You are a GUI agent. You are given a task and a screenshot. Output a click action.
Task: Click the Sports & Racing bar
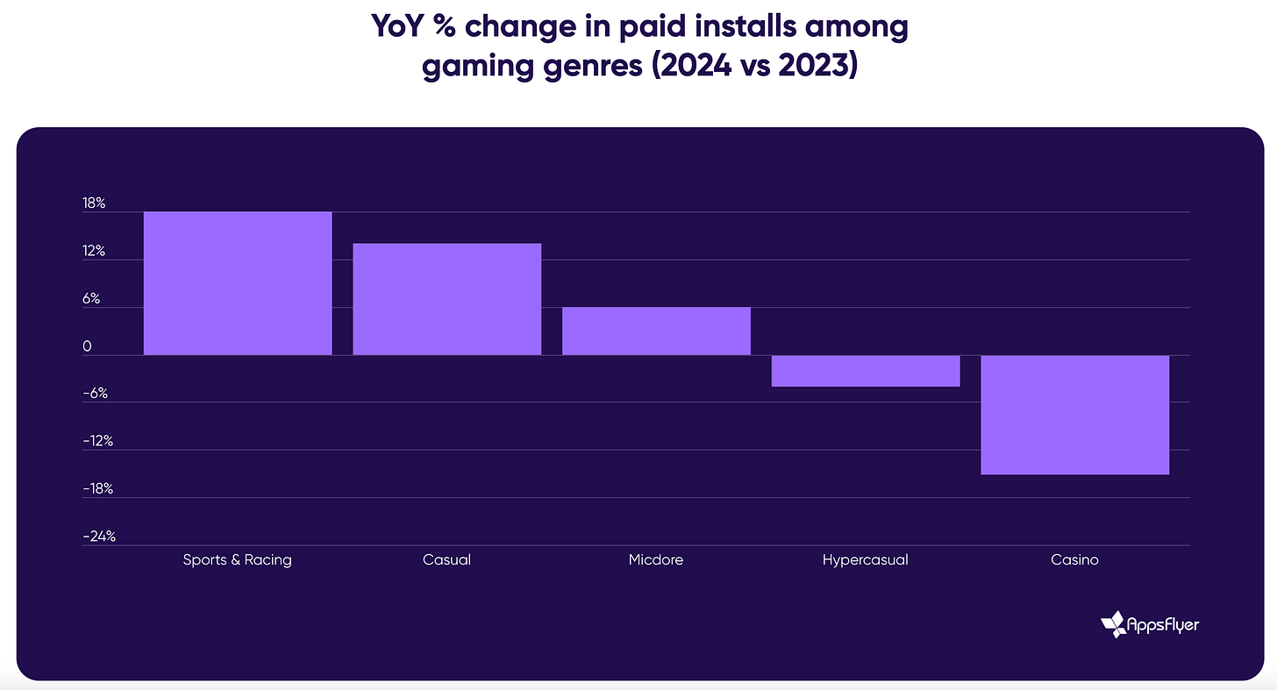pos(238,283)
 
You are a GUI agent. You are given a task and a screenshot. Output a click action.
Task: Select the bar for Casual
pos(446,299)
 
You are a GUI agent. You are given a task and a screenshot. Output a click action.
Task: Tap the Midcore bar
pos(656,331)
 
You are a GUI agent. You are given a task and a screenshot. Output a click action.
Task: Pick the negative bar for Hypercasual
pos(865,371)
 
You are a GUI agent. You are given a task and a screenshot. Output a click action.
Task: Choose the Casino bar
pos(1074,415)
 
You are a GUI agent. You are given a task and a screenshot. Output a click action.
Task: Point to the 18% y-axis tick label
pos(94,203)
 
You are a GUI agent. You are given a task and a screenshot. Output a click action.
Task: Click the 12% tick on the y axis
pos(94,252)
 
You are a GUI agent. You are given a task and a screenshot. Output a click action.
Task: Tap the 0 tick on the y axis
pos(87,346)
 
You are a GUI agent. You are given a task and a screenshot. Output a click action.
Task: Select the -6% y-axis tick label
pos(95,394)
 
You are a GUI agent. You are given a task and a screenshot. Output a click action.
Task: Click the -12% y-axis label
pos(98,441)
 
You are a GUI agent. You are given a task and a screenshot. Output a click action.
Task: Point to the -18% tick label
pos(98,488)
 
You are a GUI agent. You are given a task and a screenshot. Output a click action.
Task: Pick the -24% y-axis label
pos(99,536)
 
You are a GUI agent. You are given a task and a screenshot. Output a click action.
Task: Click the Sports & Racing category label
pos(237,559)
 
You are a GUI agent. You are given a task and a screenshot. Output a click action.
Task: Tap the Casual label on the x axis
pos(446,559)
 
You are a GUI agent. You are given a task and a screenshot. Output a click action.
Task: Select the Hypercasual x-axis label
pos(865,559)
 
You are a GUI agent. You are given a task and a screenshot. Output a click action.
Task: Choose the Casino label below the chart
pos(1074,559)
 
